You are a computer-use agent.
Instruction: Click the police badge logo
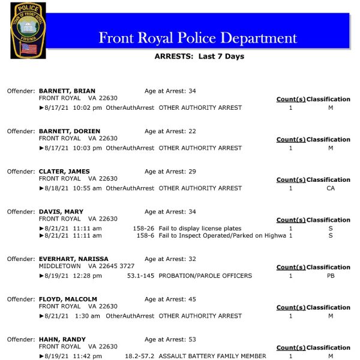pyautogui.click(x=28, y=30)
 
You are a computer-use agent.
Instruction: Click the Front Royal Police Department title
pyautogui.click(x=197, y=38)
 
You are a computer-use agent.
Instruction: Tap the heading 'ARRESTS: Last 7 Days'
pyautogui.click(x=199, y=56)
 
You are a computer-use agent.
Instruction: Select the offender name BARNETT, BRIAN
pyautogui.click(x=67, y=91)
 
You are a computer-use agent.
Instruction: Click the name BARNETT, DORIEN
pyautogui.click(x=70, y=131)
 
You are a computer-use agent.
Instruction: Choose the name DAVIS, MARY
pyautogui.click(x=61, y=212)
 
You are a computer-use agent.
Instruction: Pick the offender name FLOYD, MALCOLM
pyautogui.click(x=68, y=299)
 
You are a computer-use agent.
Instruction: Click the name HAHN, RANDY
pyautogui.click(x=62, y=340)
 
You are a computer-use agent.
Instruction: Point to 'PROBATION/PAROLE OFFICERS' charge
pyautogui.click(x=205, y=276)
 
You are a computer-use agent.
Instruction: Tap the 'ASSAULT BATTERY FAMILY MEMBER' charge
pyautogui.click(x=212, y=356)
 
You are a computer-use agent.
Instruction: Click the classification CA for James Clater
pyautogui.click(x=331, y=188)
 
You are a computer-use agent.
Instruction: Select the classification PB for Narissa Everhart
pyautogui.click(x=331, y=276)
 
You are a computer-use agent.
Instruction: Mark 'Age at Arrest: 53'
pyautogui.click(x=170, y=340)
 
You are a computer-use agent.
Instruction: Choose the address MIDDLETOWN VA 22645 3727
pyautogui.click(x=86, y=266)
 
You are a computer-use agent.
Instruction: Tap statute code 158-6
pyautogui.click(x=145, y=236)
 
